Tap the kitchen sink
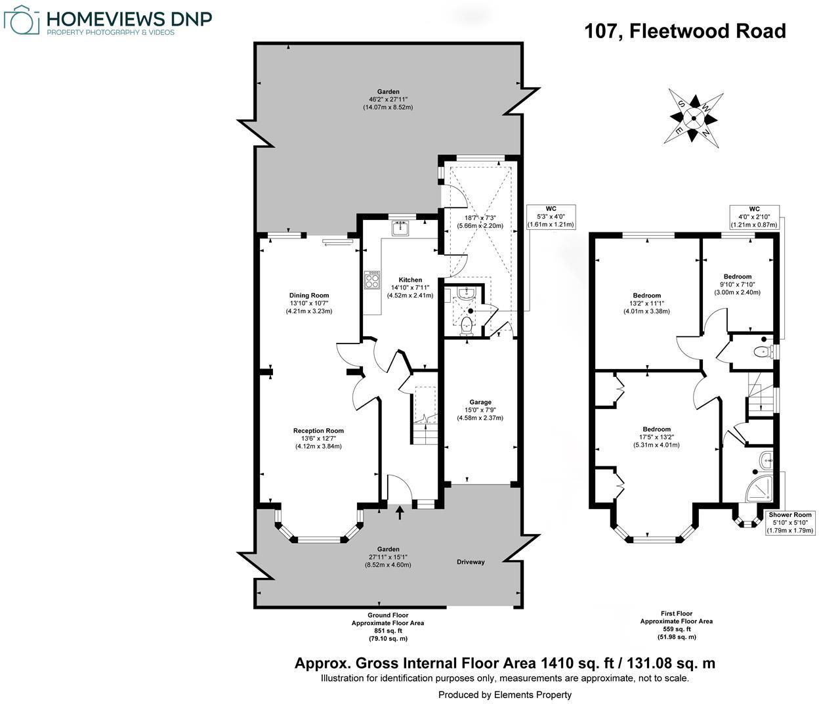(400, 228)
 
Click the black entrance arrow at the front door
(400, 512)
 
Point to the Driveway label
(471, 562)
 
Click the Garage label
(480, 402)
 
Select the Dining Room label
(309, 296)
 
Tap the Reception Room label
(318, 431)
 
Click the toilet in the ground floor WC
(467, 324)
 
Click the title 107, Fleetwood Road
(685, 31)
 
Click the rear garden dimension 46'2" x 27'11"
(388, 99)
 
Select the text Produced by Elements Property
(505, 694)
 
